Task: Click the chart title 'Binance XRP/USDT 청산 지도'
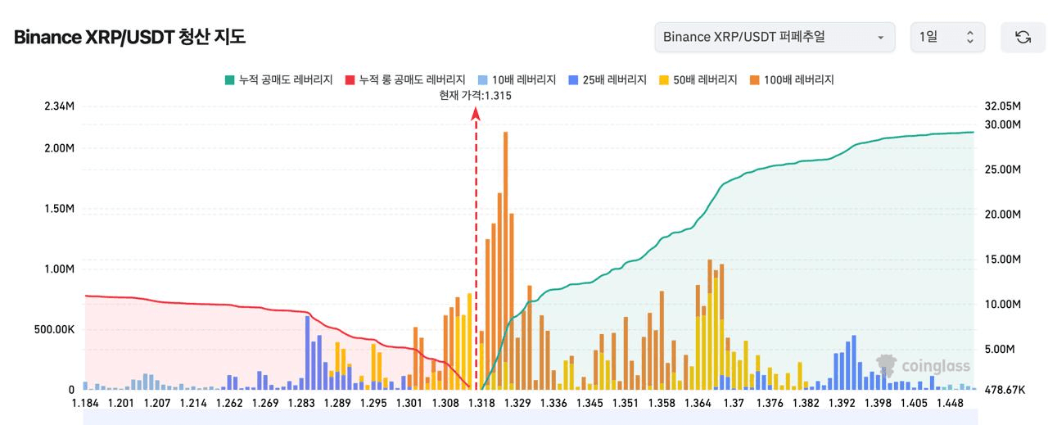[x=129, y=37]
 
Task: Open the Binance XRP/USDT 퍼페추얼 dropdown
[x=775, y=37]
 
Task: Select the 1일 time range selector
[x=947, y=37]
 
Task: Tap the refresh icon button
[x=1023, y=37]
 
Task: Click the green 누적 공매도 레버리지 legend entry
[x=278, y=79]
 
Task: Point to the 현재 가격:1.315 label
[x=476, y=96]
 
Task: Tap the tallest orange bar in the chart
[x=505, y=246]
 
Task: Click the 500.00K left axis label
[x=55, y=329]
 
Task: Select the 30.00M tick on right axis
[x=1003, y=124]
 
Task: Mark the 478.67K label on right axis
[x=1005, y=390]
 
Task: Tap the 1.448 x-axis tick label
[x=950, y=403]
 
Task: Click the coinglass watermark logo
[x=923, y=366]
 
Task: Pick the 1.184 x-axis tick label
[x=85, y=403]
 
